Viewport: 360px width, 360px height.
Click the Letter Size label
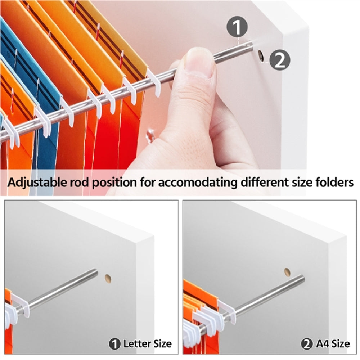coord(147,344)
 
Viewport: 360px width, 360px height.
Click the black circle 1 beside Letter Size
coord(115,344)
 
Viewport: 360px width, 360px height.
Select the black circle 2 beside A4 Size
coord(307,344)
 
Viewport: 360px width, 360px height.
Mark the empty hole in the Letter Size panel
coord(108,278)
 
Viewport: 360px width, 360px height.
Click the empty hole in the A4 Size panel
coord(287,271)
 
